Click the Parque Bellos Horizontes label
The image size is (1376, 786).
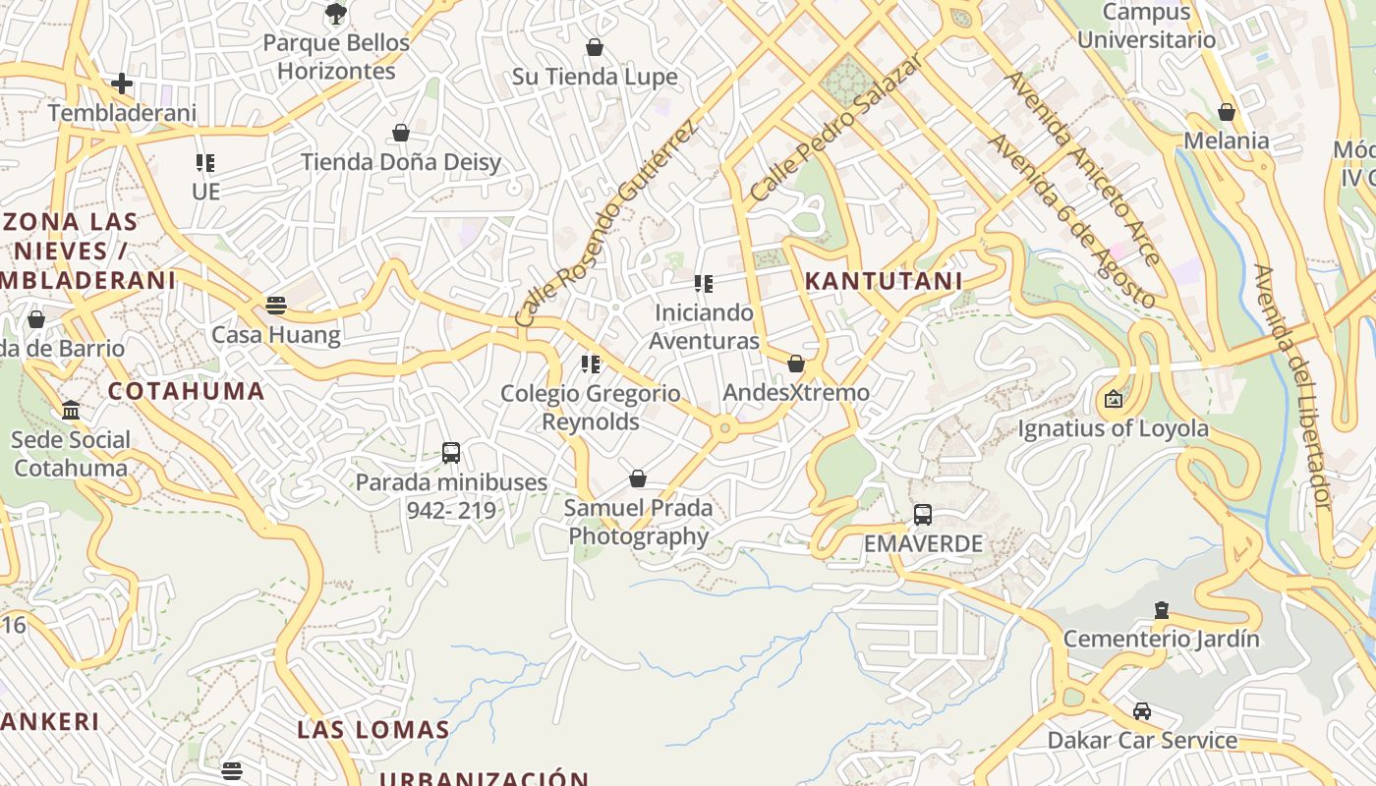(x=336, y=57)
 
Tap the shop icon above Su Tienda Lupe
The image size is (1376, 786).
(x=595, y=47)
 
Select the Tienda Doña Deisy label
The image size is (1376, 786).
(x=401, y=162)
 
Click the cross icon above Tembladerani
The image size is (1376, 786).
(x=122, y=84)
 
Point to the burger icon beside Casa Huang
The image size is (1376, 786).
(x=276, y=305)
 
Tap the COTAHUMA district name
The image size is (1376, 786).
(x=187, y=391)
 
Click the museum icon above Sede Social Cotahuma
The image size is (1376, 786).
(x=71, y=410)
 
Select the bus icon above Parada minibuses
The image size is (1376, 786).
(x=451, y=453)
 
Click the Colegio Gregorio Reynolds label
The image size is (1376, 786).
(x=590, y=408)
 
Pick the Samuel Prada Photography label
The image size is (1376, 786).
(x=638, y=523)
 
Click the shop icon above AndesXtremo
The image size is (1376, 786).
(x=796, y=364)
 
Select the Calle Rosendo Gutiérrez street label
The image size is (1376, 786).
(x=605, y=224)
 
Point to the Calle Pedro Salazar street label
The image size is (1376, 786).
(x=836, y=128)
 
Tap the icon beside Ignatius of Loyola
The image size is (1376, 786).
(x=1113, y=399)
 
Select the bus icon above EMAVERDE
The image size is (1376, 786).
(x=923, y=514)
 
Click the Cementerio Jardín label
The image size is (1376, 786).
(x=1161, y=640)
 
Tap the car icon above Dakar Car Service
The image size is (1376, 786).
(x=1142, y=710)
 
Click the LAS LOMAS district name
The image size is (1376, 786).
(x=373, y=730)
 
